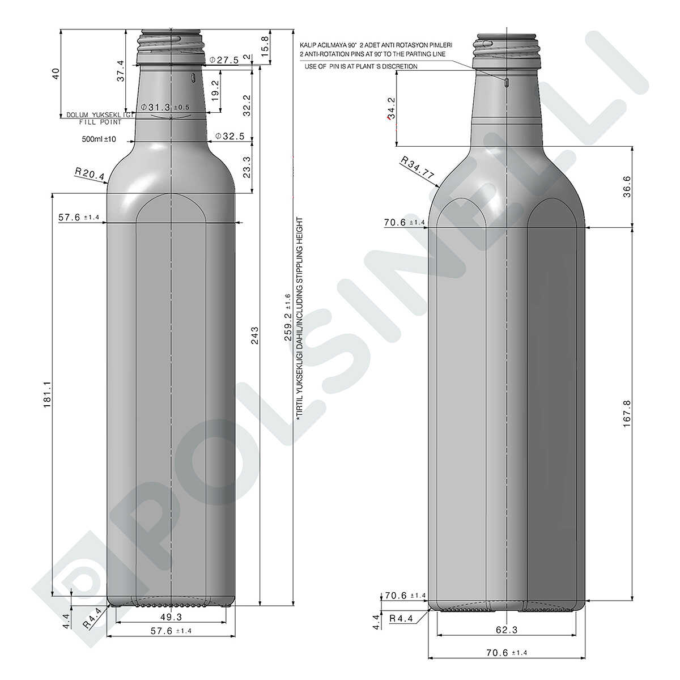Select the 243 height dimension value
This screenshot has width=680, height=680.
click(x=255, y=335)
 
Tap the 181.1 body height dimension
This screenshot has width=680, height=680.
click(x=47, y=394)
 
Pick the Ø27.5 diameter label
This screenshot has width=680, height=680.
click(x=224, y=59)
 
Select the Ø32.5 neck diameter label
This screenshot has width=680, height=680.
click(x=230, y=136)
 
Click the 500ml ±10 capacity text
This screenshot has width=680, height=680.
click(x=99, y=139)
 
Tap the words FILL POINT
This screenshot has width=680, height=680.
click(x=100, y=122)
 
